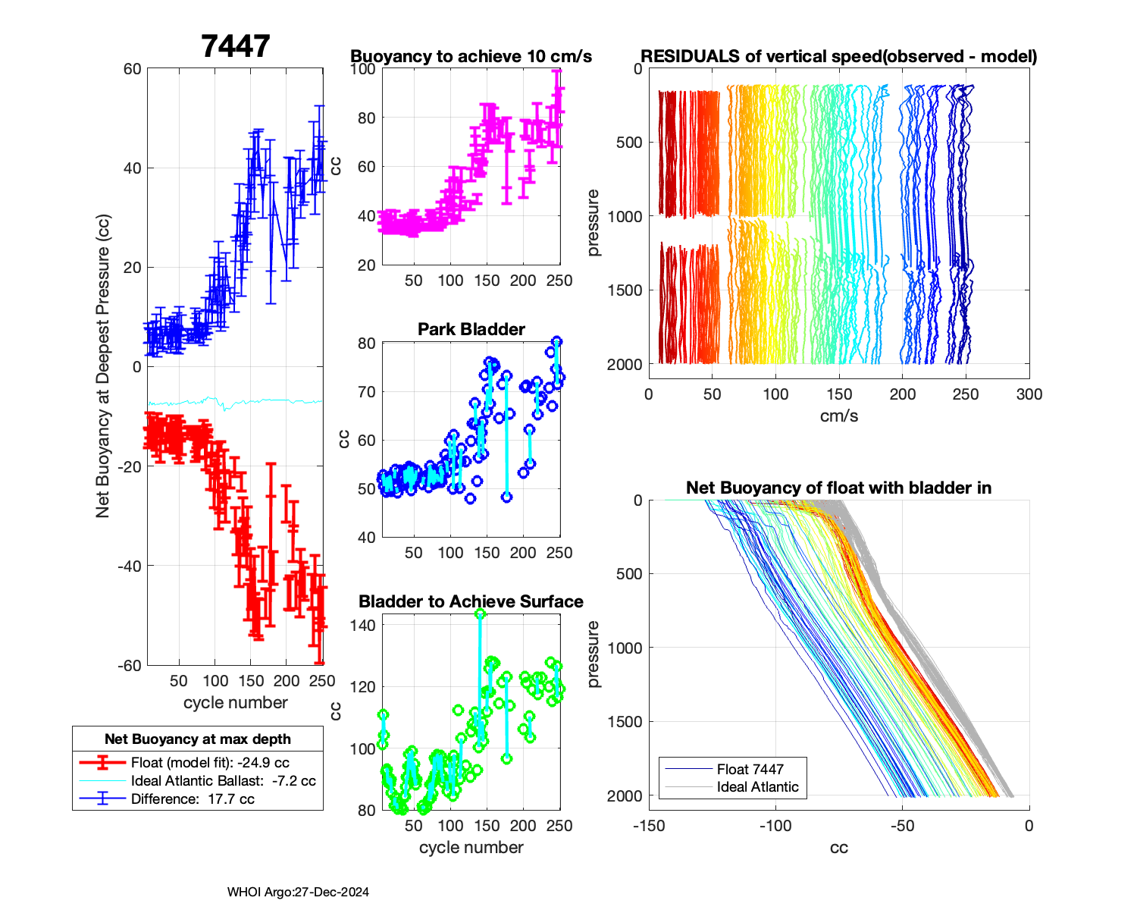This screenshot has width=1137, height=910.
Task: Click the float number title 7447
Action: (x=236, y=46)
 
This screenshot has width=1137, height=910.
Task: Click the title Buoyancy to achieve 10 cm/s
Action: (x=471, y=56)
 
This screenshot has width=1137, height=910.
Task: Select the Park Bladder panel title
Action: (x=471, y=329)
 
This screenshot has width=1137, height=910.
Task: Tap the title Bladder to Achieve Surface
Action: (x=471, y=601)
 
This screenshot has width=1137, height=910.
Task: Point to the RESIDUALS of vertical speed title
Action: (x=838, y=56)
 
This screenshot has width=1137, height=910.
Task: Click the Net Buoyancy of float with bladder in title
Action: (x=838, y=488)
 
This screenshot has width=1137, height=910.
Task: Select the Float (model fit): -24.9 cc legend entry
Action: (x=210, y=763)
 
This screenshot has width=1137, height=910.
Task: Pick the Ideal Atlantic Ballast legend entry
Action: (x=223, y=781)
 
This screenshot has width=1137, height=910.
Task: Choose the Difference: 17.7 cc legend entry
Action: (x=193, y=799)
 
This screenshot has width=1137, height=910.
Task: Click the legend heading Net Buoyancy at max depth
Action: (x=198, y=739)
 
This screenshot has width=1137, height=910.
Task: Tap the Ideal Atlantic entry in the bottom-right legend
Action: (x=757, y=787)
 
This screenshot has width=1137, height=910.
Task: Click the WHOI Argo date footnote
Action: (x=298, y=893)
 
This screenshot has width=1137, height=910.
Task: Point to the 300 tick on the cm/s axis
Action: (x=1029, y=394)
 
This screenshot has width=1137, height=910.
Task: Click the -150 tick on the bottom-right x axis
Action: (x=649, y=826)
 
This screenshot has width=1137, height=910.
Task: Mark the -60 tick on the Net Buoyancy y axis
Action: (x=131, y=666)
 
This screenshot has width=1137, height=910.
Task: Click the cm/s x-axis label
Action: (x=838, y=416)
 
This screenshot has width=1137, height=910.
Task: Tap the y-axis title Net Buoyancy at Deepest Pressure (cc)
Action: (x=103, y=366)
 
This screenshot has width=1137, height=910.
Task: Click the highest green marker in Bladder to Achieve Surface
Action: (x=480, y=614)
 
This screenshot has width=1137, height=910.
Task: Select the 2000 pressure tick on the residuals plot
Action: (x=625, y=365)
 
